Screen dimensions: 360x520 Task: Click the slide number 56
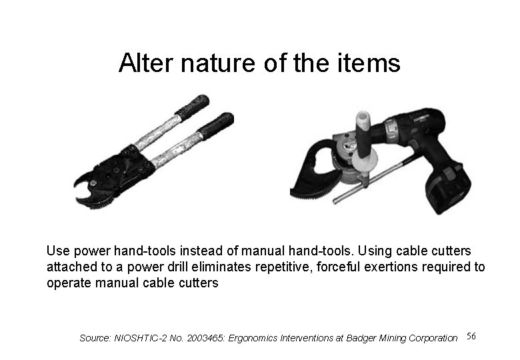pyautogui.click(x=471, y=335)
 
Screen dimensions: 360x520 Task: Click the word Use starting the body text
pyautogui.click(x=57, y=251)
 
